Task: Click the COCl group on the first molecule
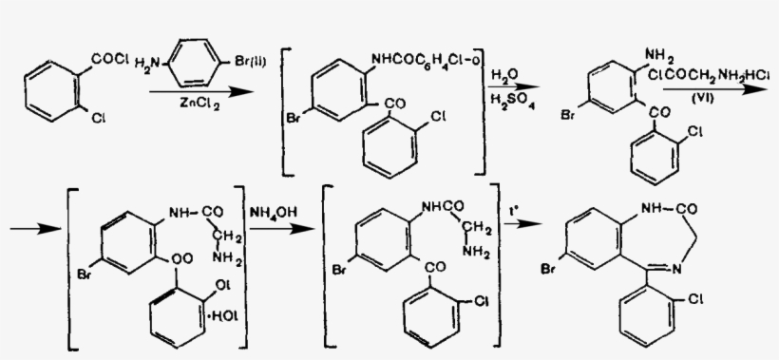[107, 60]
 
